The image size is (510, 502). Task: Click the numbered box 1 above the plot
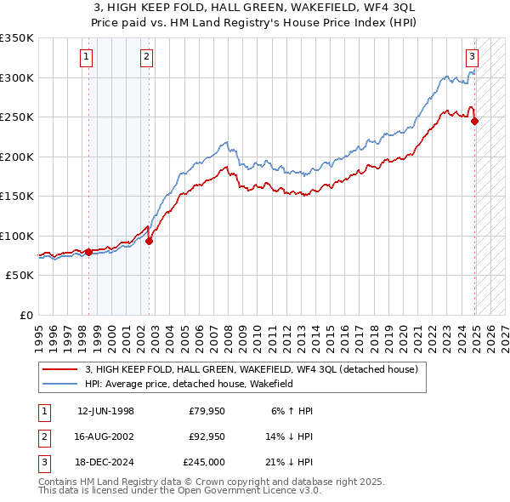coord(88,57)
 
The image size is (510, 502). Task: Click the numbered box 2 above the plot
coord(147,57)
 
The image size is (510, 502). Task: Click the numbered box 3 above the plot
coord(472,57)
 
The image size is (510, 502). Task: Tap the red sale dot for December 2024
coord(474,121)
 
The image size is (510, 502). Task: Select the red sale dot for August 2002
coord(149,241)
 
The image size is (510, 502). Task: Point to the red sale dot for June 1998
coord(88,252)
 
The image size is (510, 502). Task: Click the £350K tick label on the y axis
coord(16,38)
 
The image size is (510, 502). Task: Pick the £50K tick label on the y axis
coord(19,276)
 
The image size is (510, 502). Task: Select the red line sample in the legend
coord(59,370)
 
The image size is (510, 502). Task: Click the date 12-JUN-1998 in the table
coord(105,411)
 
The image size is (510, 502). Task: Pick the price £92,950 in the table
coord(207,436)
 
